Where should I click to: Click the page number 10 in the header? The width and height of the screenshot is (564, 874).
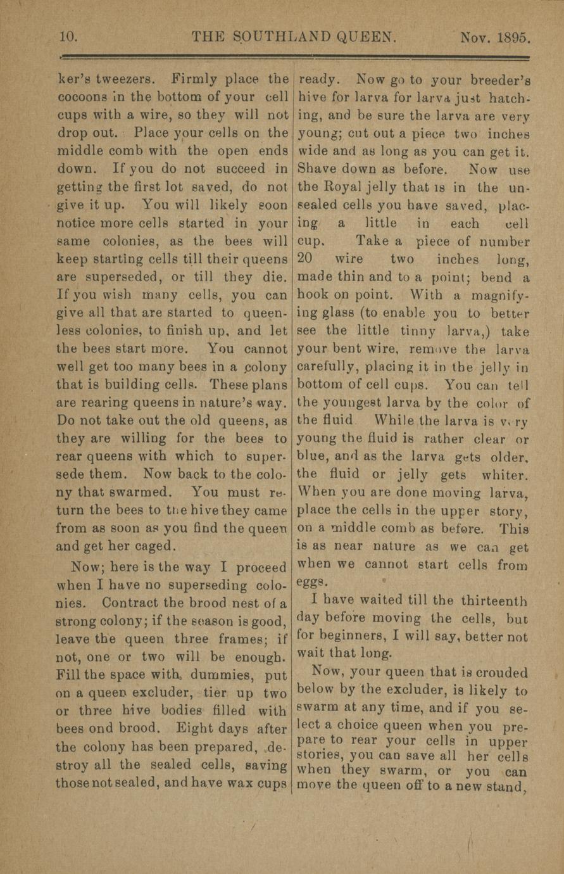tap(67, 37)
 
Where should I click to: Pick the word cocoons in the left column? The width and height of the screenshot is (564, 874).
tap(82, 98)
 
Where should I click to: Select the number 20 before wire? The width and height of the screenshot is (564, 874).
tap(308, 258)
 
